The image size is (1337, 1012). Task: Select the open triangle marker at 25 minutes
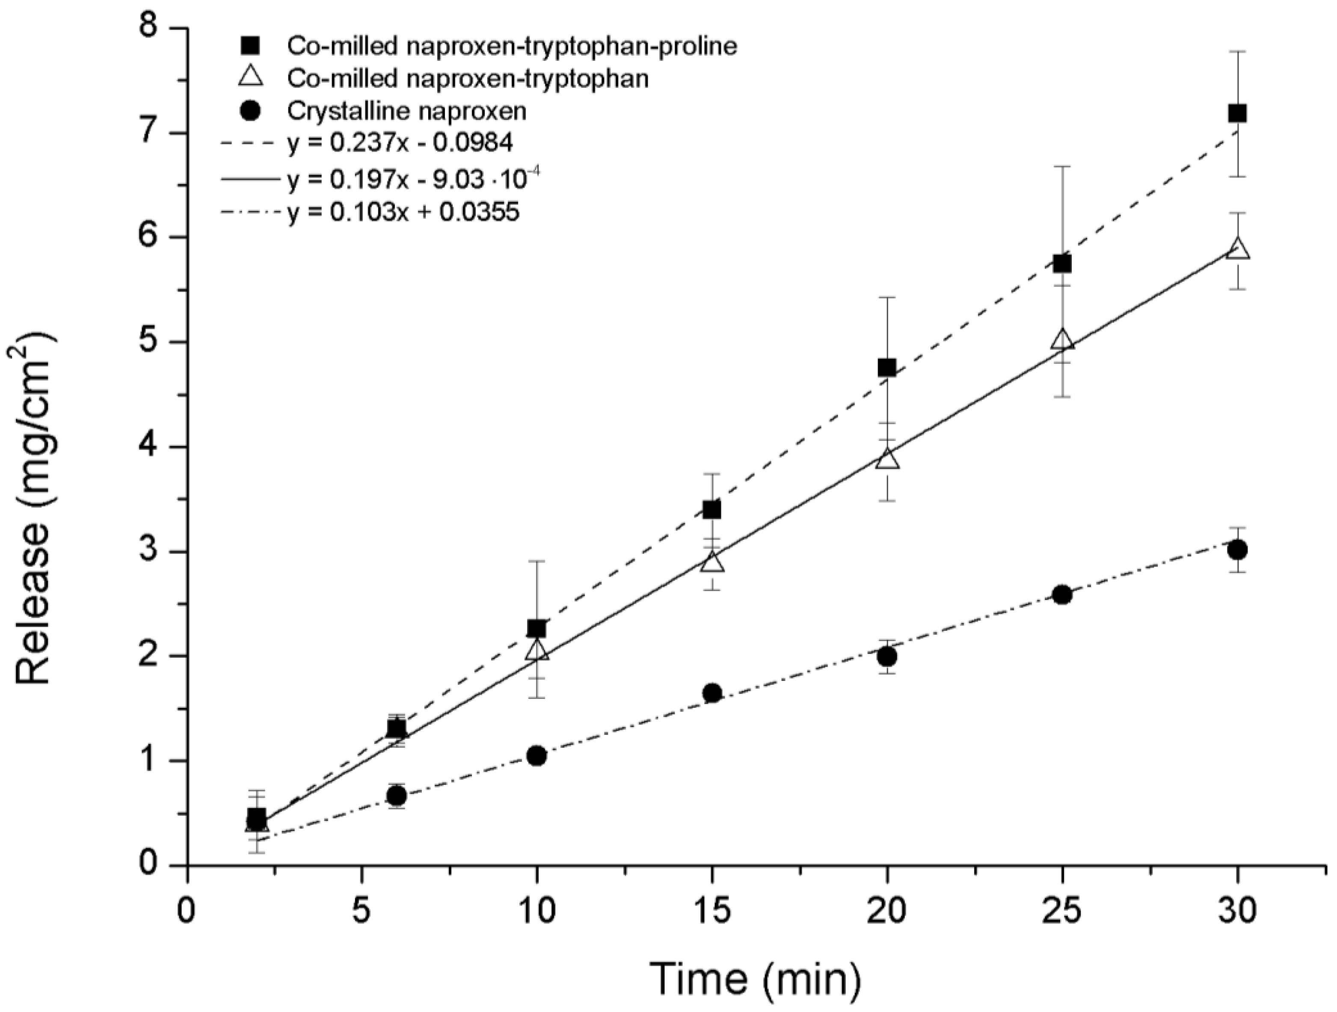[1062, 340]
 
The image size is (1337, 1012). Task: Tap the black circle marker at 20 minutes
[887, 656]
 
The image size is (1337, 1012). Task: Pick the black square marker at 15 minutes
[712, 510]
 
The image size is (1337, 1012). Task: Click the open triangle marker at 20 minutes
[887, 460]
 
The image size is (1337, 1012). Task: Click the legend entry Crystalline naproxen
[407, 111]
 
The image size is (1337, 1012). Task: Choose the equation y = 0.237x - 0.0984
[400, 143]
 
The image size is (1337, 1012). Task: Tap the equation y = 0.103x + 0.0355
[403, 213]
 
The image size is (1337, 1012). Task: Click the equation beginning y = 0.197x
[417, 180]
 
